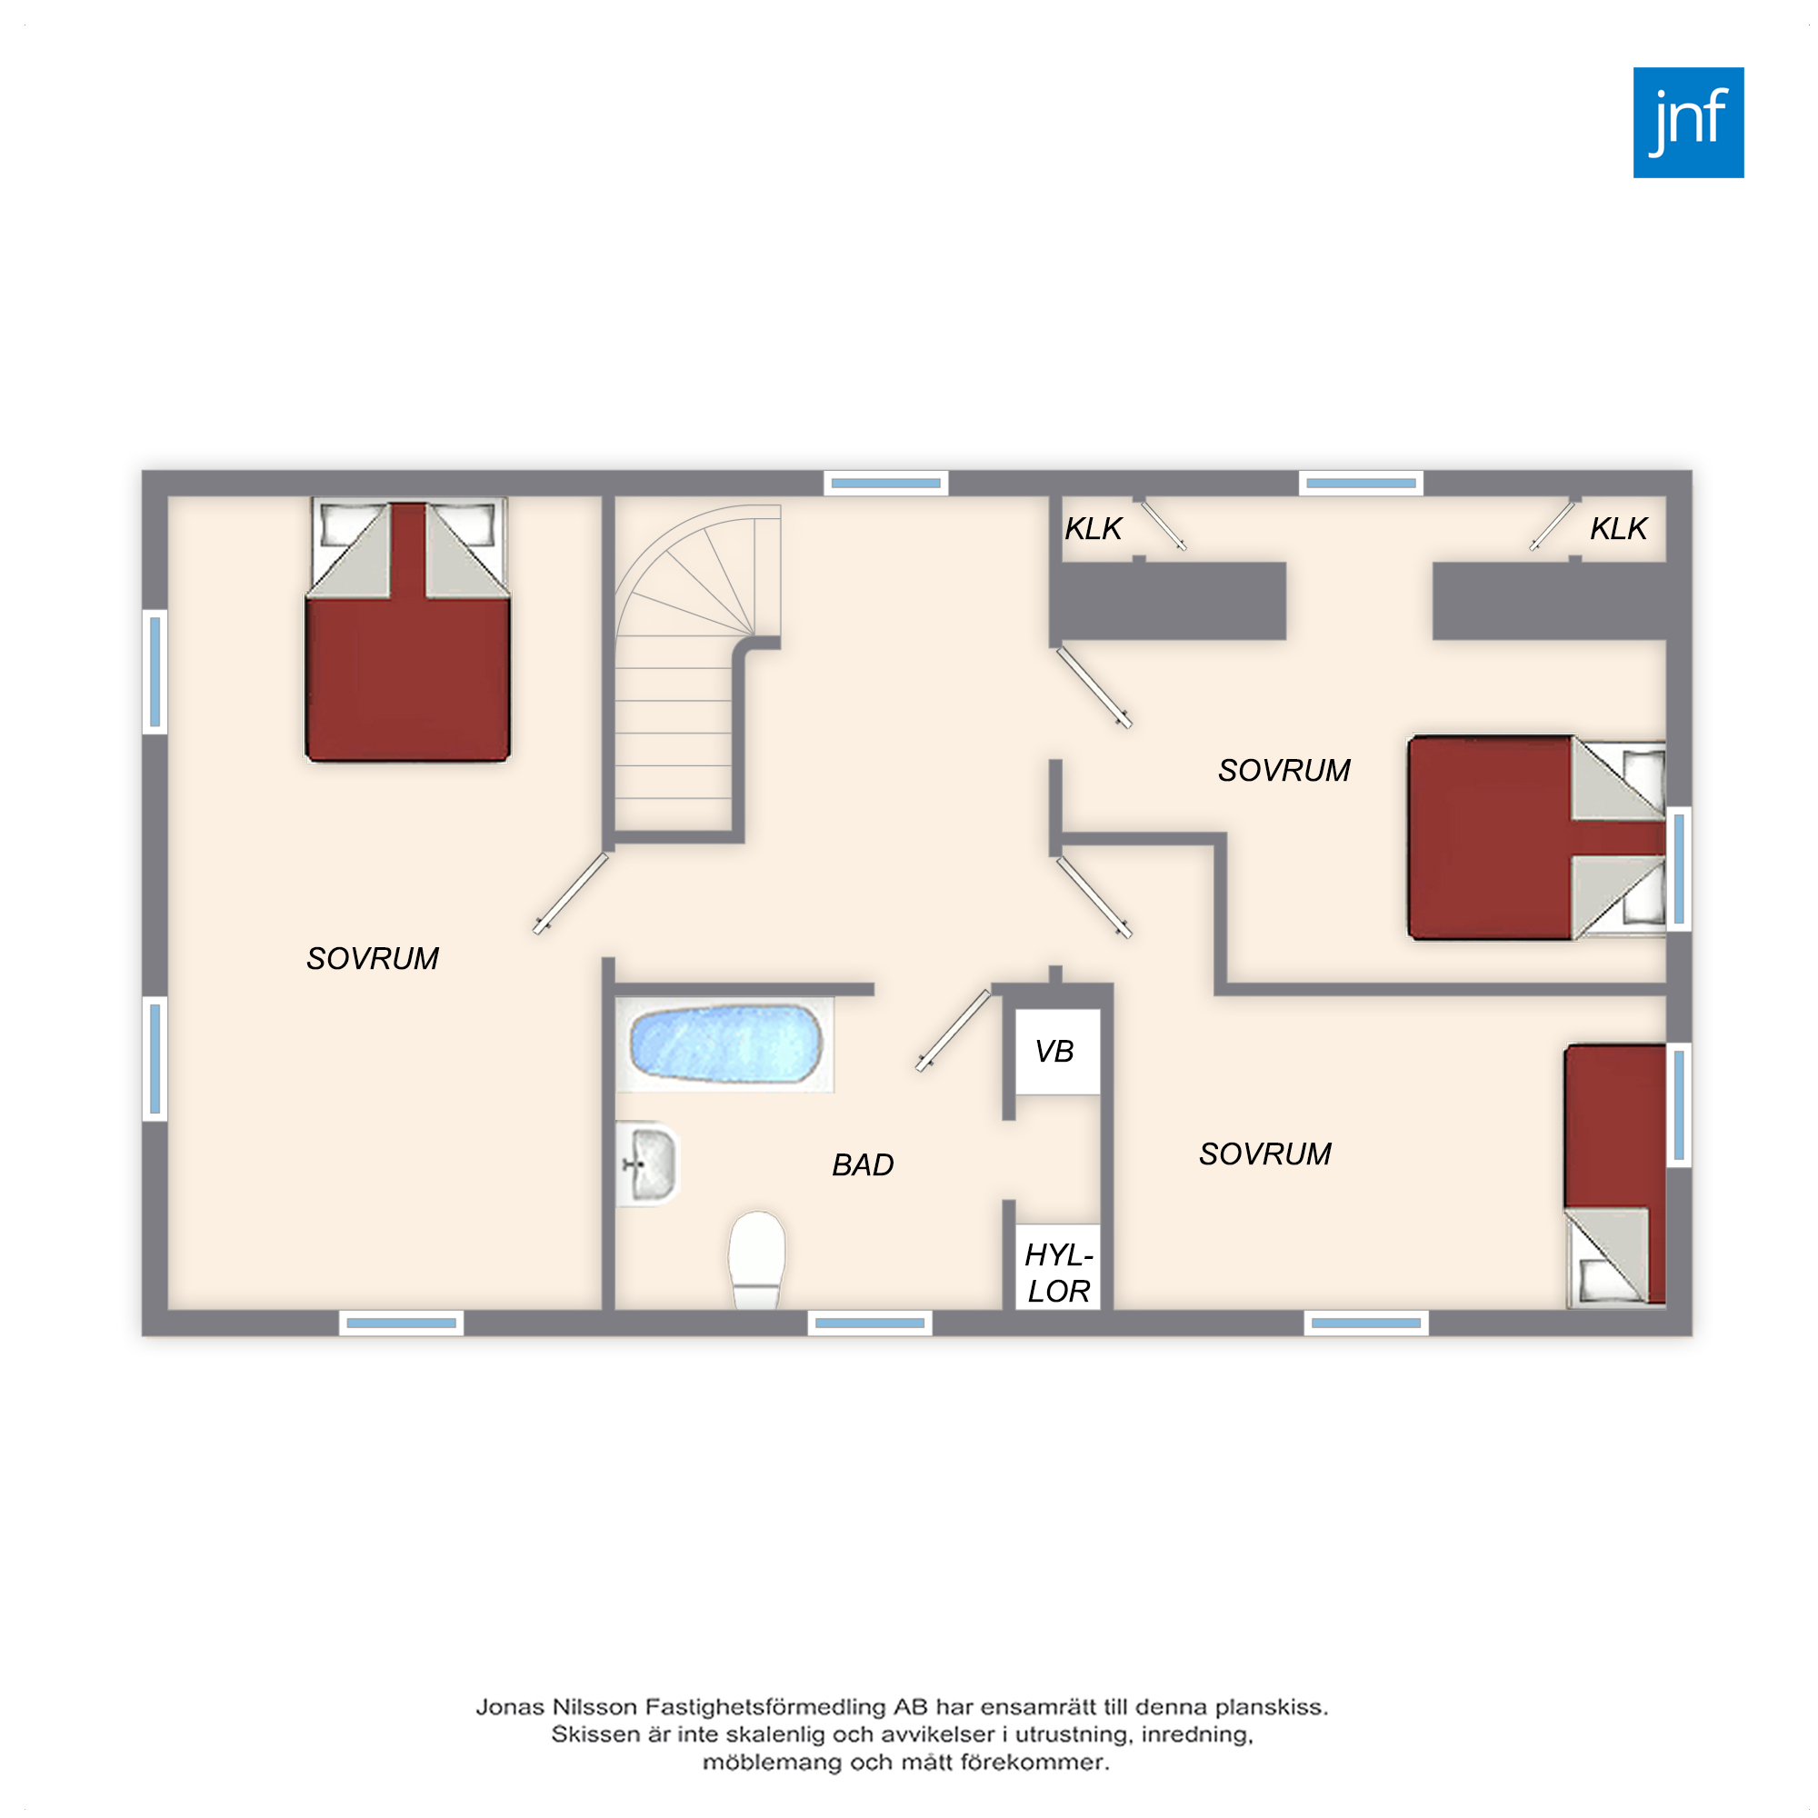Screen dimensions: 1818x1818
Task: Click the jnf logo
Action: coord(1688,123)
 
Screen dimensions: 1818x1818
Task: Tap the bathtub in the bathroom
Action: coord(725,1044)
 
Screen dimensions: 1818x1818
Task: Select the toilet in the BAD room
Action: coord(756,1260)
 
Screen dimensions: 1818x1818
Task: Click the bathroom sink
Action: coord(648,1164)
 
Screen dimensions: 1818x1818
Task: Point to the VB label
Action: coord(1054,1051)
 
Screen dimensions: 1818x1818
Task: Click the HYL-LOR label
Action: coord(1059,1274)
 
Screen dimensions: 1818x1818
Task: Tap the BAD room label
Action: coord(863,1165)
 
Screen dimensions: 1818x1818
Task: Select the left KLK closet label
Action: coord(1094,529)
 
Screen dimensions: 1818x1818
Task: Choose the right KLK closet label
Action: coord(1619,529)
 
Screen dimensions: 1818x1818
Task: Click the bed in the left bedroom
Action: coord(407,630)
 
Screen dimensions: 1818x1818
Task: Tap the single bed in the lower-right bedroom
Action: coord(1614,1176)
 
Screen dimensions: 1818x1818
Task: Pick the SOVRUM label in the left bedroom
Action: coord(373,959)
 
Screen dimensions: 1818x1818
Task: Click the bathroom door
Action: coord(954,1031)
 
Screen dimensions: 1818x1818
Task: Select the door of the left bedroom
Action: coord(571,893)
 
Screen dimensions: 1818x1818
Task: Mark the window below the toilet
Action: coord(870,1323)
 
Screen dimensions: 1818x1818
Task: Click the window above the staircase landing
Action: coord(885,484)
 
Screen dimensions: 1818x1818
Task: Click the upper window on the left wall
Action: coord(155,672)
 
